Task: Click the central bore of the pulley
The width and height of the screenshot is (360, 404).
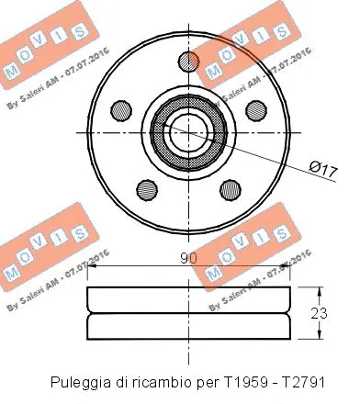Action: (x=188, y=129)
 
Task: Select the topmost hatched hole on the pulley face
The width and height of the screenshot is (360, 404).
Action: (x=188, y=61)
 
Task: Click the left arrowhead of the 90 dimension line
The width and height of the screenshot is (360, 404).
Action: (x=92, y=269)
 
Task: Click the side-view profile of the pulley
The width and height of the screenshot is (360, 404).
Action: (x=189, y=314)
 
